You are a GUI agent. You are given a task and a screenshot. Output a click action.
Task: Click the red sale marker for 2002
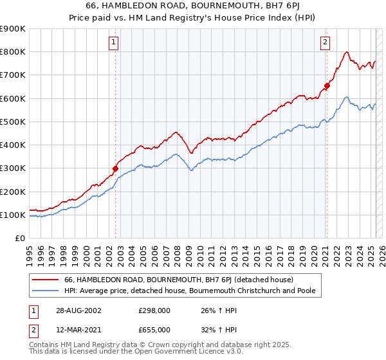coord(116,169)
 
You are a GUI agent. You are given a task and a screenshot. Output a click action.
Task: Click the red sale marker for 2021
coord(327,85)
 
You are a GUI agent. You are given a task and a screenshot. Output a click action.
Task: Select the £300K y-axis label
coord(13,168)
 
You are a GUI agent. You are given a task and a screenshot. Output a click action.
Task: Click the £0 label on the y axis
coord(19,239)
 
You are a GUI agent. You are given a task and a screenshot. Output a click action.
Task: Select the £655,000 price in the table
coord(154,329)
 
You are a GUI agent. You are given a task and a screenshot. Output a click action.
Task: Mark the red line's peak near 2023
coord(347,52)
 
